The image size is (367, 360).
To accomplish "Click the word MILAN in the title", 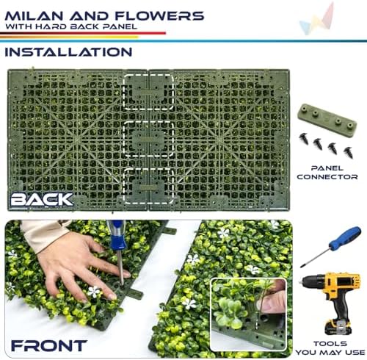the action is (34, 16).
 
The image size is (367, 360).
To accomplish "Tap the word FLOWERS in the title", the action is (159, 16).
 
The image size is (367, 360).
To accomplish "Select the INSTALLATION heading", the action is (68, 52).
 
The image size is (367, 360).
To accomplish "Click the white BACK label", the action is (42, 199).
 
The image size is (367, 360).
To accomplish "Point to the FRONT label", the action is (49, 346).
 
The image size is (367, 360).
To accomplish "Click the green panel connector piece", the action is (327, 117).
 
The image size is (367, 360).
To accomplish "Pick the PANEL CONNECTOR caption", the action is (327, 173).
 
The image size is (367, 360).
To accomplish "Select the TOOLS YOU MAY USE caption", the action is (330, 348).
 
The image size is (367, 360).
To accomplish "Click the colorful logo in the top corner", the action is (317, 20).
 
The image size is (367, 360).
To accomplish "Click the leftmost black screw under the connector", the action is (304, 138).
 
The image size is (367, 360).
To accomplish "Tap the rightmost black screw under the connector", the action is (348, 152).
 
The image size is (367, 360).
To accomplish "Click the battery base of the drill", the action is (338, 327).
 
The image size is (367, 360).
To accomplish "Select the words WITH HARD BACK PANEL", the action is (71, 26).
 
